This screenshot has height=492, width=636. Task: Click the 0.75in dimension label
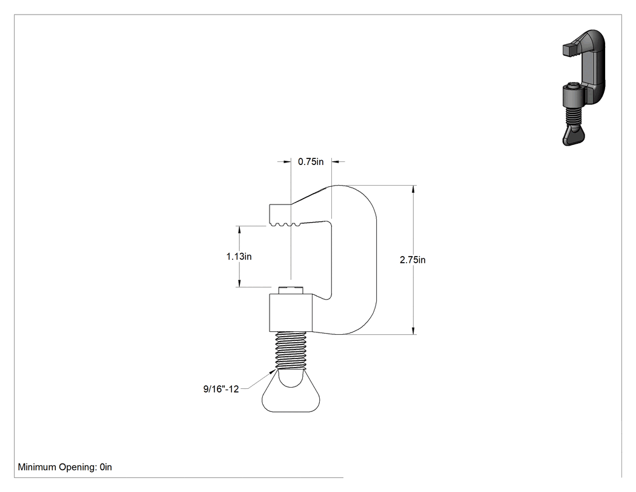311,162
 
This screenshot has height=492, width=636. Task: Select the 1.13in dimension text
239,257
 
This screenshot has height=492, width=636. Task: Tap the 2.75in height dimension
412,260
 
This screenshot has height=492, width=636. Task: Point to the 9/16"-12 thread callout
221,389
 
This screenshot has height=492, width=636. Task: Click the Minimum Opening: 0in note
65,467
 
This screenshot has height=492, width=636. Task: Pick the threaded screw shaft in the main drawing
291,350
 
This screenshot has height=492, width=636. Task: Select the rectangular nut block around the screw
290,312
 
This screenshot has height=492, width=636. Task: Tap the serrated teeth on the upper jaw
285,224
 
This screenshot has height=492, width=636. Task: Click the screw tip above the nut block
291,290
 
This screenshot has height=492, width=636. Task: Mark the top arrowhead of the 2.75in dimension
413,190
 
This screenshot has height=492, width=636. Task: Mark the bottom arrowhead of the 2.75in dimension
413,330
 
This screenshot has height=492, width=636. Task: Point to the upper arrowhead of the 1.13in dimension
239,231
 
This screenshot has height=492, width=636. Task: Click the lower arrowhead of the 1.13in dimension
239,283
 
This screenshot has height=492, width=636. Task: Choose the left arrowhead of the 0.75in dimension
287,162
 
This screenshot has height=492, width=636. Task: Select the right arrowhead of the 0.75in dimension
336,162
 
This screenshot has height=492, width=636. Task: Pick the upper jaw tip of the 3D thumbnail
569,50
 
